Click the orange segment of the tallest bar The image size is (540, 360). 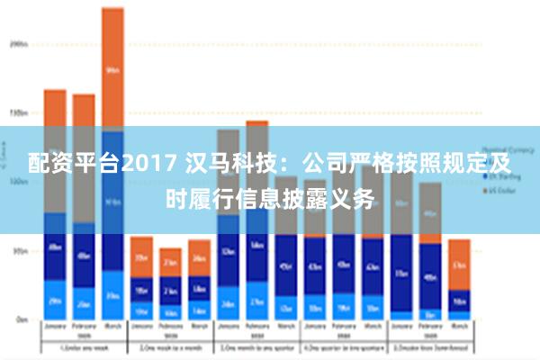[x=112, y=67]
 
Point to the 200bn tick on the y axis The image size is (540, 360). [x=18, y=42]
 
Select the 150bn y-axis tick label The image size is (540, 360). [x=18, y=113]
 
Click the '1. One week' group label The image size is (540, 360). [x=84, y=347]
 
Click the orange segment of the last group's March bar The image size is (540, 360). [x=460, y=265]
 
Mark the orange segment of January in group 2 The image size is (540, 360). [x=141, y=257]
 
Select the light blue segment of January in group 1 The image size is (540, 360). [x=55, y=301]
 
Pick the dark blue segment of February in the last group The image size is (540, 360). [x=430, y=277]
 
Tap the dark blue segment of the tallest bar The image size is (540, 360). [x=112, y=202]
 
